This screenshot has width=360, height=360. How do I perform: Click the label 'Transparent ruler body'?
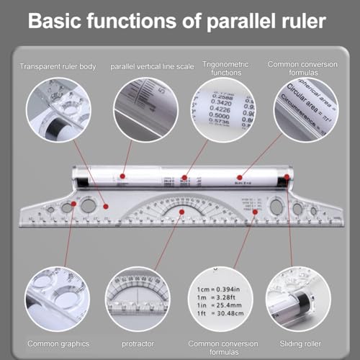point(57,67)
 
